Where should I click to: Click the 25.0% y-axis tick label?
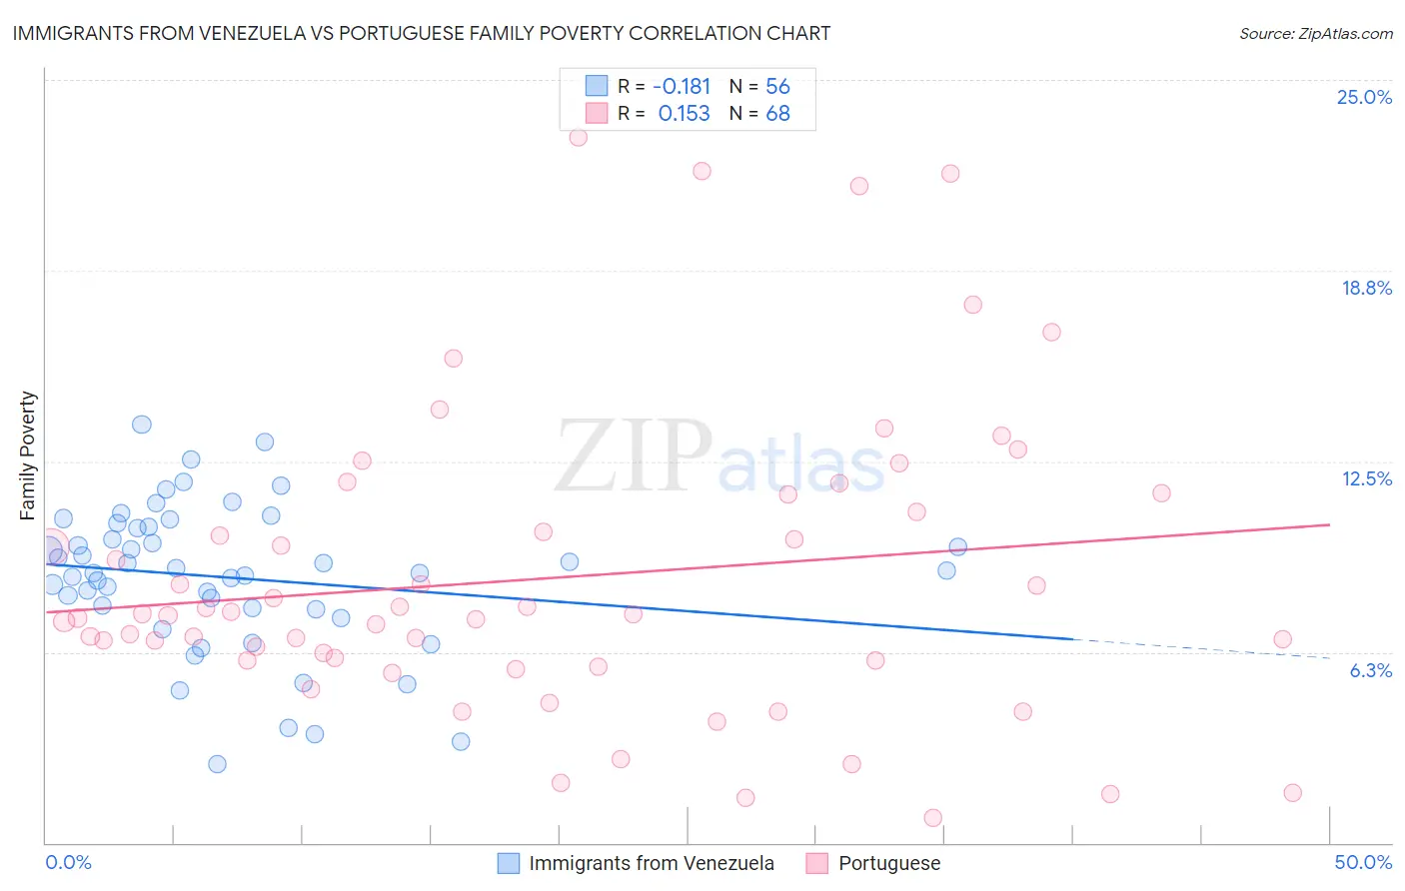point(1364,97)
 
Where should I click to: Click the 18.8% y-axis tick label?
point(1366,288)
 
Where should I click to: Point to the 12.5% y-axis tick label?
point(1366,478)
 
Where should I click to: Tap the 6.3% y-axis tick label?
point(1370,670)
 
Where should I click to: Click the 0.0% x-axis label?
point(68,862)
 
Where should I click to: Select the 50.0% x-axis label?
point(1363,862)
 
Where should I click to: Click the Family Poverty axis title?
point(28,455)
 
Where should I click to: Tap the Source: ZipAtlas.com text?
point(1315,33)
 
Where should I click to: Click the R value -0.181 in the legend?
point(684,87)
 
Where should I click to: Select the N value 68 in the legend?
point(777,114)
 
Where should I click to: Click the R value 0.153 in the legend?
point(684,114)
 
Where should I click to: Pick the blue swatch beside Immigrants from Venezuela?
point(509,863)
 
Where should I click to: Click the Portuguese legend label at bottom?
point(888,863)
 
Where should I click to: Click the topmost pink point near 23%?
point(578,137)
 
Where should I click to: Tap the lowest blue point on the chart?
point(217,764)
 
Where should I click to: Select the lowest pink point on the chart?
point(932,818)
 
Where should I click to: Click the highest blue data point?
point(142,425)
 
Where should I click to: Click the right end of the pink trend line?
point(1329,524)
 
